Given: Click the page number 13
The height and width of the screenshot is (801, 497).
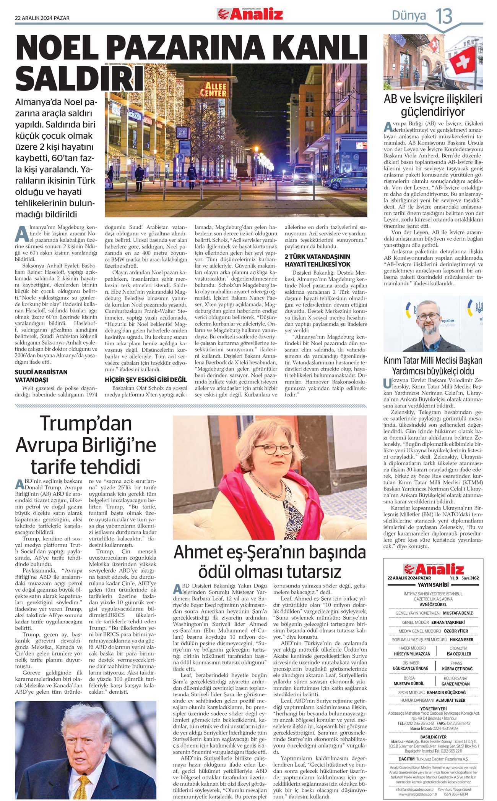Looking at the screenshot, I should point(444,16).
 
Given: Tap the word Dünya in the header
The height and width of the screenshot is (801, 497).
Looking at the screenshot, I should point(409,16).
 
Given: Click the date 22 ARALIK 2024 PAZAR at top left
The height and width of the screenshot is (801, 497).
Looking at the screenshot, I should point(42,18).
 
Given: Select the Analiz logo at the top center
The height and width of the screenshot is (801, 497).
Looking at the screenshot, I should point(250,14).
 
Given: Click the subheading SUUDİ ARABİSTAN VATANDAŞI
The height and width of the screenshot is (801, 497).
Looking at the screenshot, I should point(41,376).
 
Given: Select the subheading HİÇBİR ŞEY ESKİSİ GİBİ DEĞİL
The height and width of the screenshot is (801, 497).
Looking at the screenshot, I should point(146,380).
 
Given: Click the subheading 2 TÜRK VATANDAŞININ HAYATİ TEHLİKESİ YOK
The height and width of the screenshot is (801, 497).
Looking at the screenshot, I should point(317,261).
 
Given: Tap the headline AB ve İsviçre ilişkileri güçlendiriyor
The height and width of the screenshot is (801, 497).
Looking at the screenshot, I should point(433,105).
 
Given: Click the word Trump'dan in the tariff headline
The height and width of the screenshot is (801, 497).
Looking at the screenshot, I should point(86,424).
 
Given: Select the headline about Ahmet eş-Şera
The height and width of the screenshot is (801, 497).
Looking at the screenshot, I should point(270,562).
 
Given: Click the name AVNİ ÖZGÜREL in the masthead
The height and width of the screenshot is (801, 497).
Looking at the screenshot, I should point(433,605).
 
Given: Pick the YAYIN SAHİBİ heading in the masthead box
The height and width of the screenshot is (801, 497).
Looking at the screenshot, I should point(433,585).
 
